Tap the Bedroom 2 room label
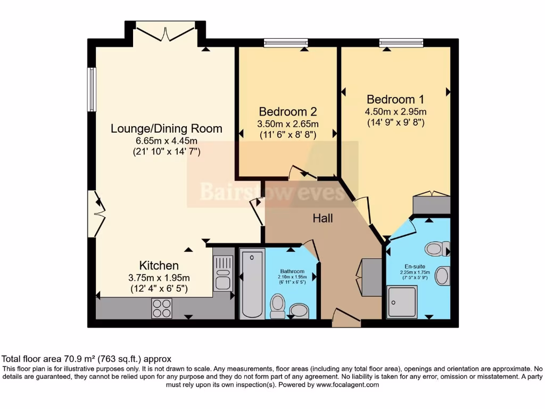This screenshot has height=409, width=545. pos(287,111)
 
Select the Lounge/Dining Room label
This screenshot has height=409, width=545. pos(166,129)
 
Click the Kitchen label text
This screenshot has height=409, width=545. pos(159,265)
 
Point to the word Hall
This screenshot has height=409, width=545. pos(323,218)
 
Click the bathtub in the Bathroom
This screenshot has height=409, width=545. pos(252,283)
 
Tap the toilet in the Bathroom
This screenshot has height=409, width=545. pos(277,306)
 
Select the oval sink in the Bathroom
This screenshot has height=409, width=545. pos(300,310)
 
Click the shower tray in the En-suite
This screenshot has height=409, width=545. pos(402,302)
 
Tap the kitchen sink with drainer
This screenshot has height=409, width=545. pos(224,273)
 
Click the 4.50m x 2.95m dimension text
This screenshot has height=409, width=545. pos(395,112)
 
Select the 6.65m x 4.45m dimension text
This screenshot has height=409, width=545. pos(166,141)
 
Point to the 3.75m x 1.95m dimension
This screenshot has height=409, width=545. pos(159,277)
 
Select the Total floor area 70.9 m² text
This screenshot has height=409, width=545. pos(87,359)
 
